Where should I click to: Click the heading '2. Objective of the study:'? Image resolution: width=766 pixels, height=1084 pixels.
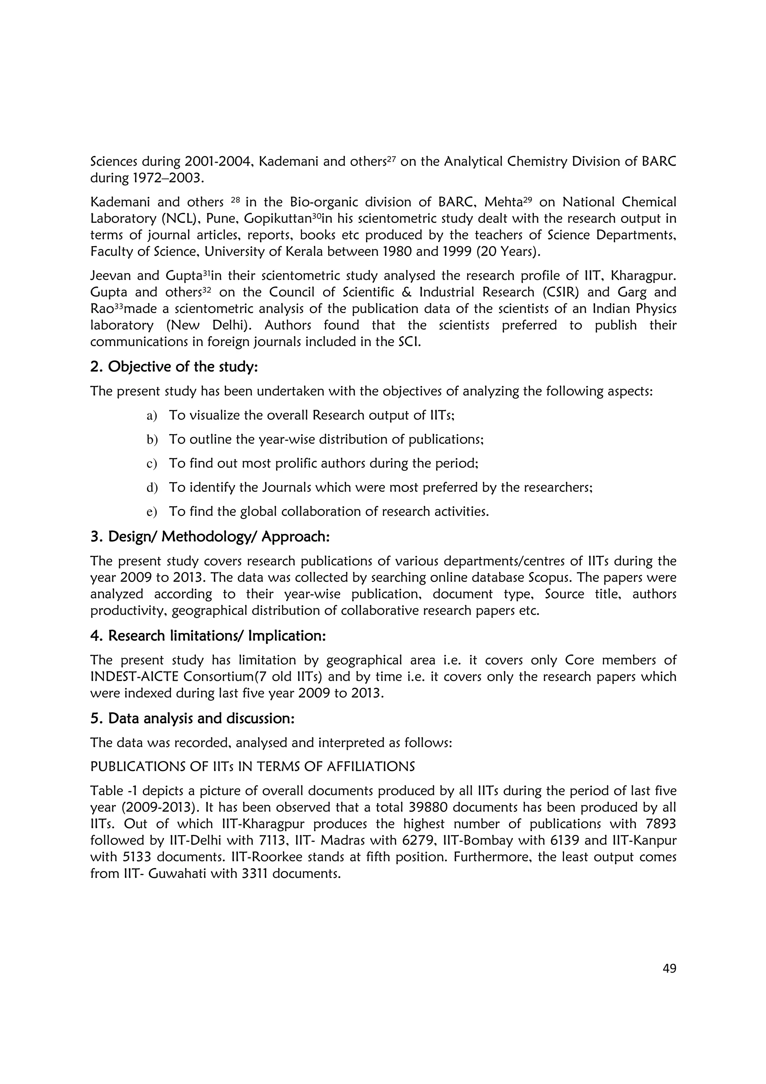174,367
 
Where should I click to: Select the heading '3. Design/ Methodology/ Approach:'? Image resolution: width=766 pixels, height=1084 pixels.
209,536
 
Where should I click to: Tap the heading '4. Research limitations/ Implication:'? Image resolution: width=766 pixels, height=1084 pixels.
208,636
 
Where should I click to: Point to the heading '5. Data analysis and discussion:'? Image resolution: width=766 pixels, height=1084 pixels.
192,718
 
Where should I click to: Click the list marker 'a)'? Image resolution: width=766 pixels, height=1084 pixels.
151,416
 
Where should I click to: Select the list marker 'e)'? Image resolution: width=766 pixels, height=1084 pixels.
151,512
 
